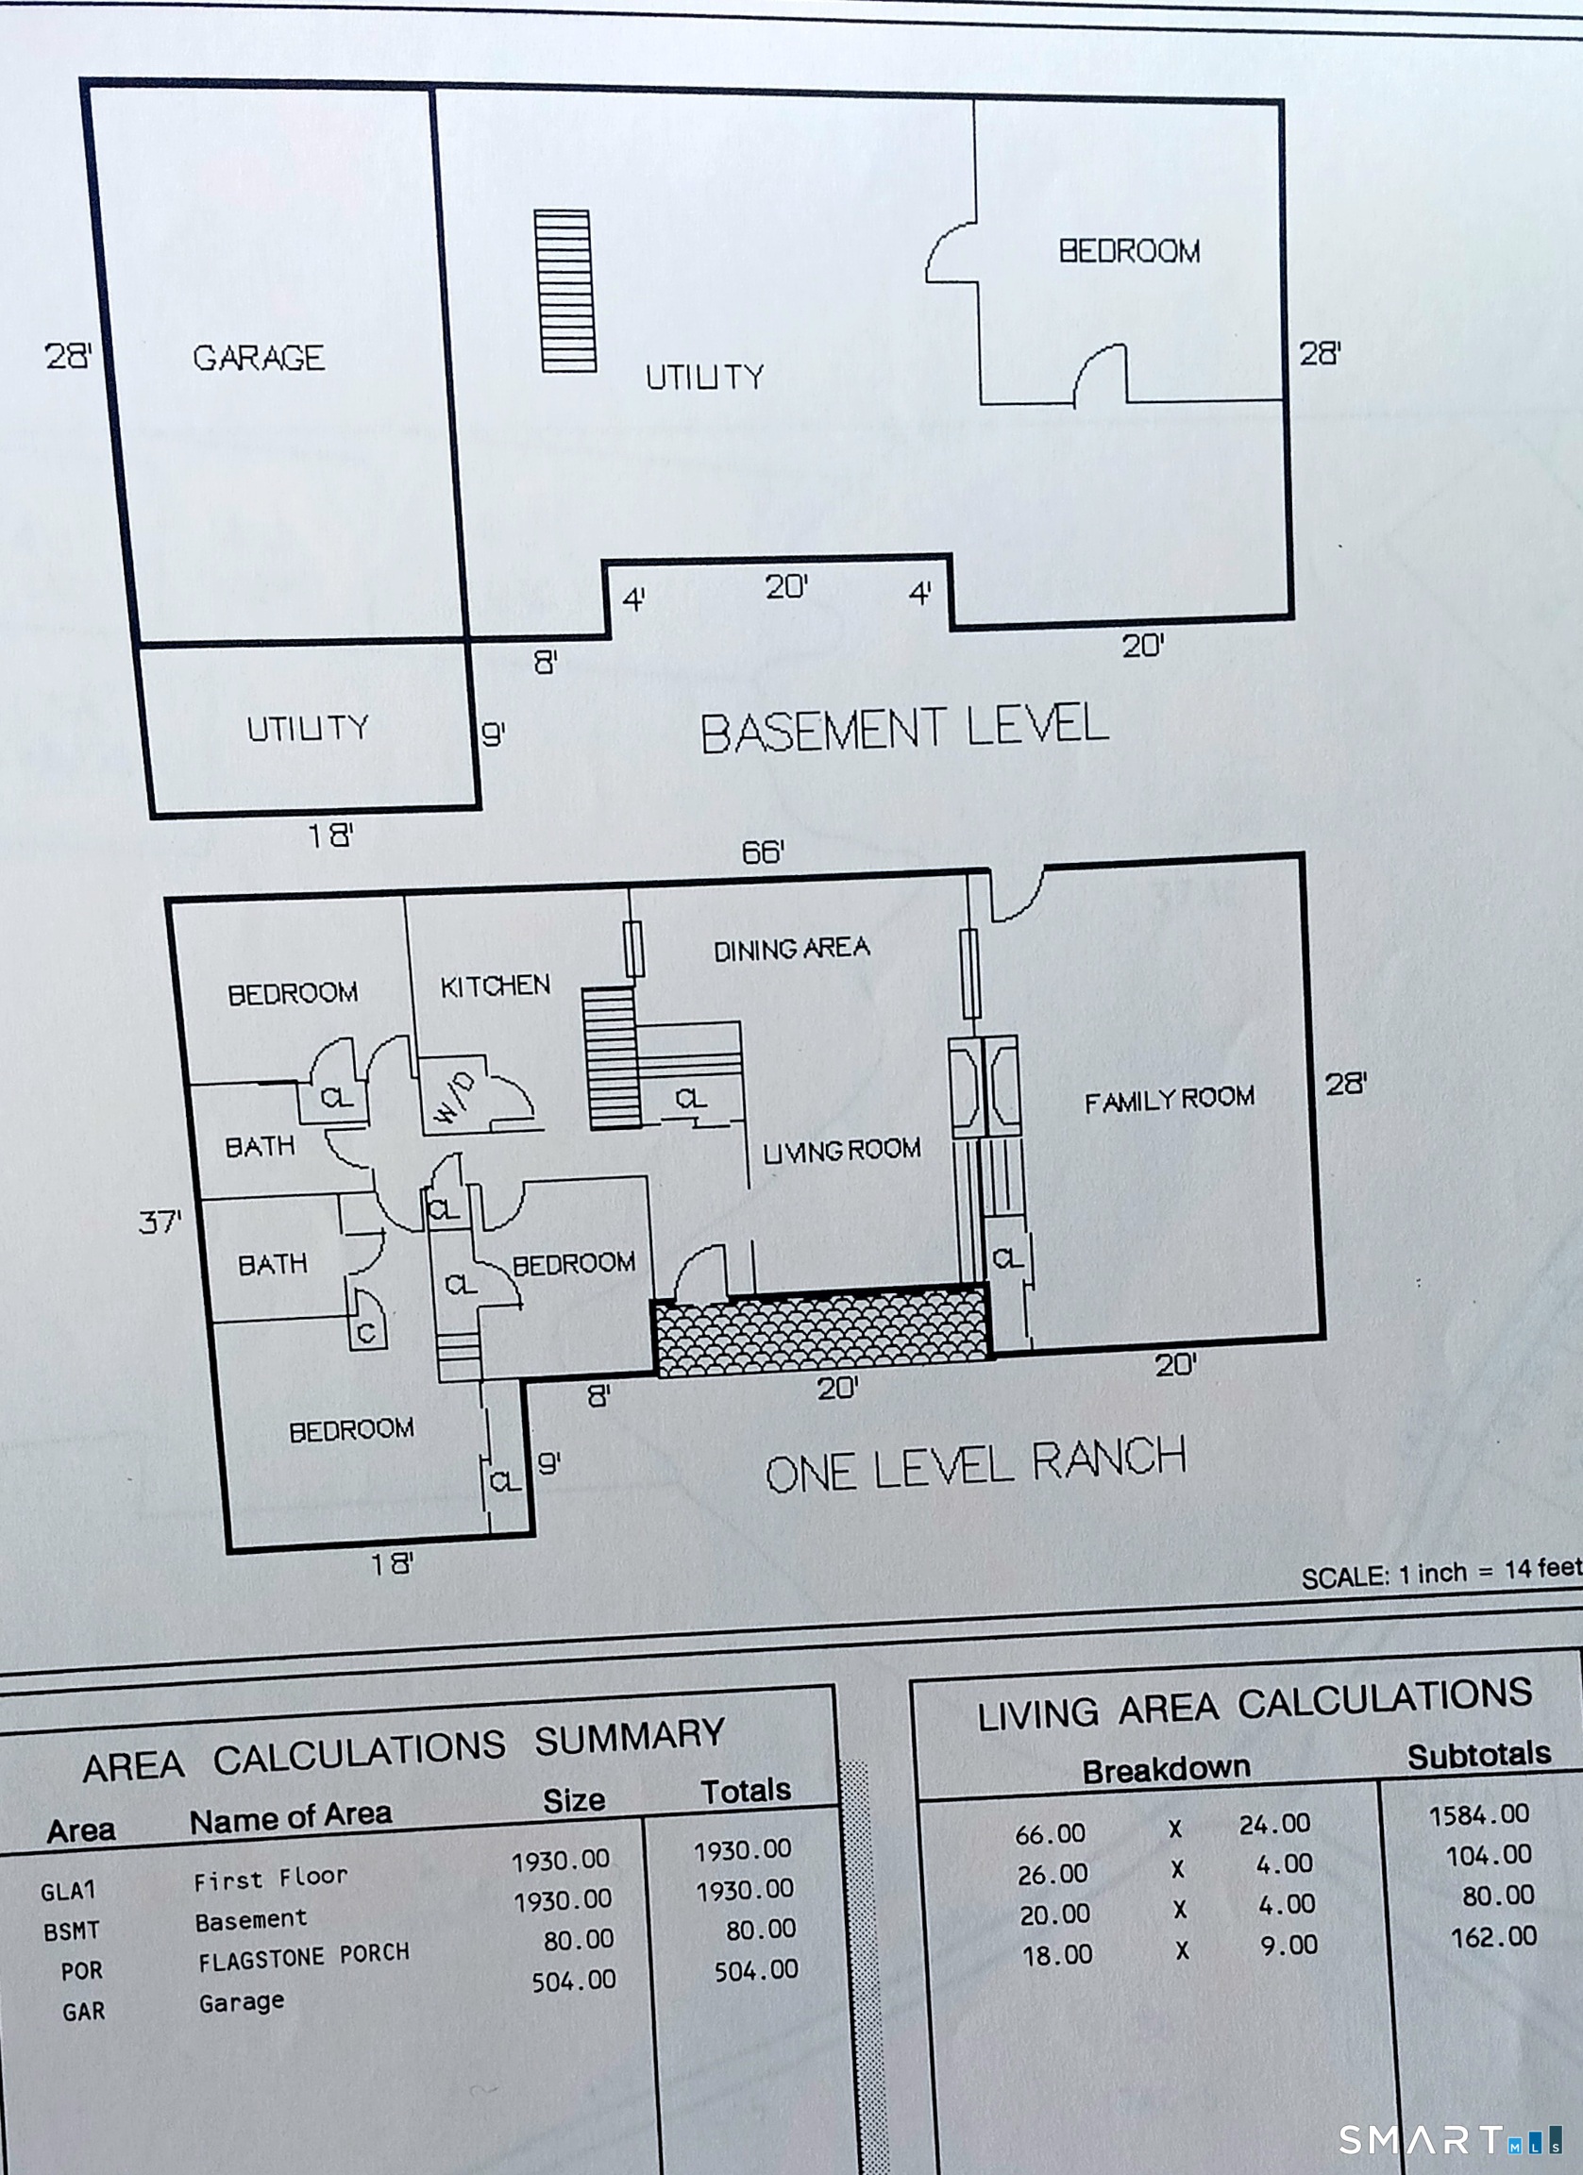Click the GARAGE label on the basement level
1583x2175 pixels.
(x=259, y=358)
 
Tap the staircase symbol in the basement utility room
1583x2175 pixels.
(x=565, y=290)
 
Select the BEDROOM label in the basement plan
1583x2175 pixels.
(x=1130, y=251)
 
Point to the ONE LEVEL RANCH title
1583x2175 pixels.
(x=976, y=1464)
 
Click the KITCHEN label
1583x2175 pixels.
(x=496, y=986)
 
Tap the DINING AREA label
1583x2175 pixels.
(x=792, y=950)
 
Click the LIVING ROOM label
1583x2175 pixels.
(x=842, y=1150)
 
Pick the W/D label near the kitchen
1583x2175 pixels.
(x=454, y=1098)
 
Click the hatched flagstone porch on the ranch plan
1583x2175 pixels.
(x=820, y=1328)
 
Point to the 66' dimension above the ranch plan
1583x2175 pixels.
(x=764, y=851)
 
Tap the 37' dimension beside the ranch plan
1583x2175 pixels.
(x=160, y=1222)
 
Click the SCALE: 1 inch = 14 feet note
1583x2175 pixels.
(x=1441, y=1574)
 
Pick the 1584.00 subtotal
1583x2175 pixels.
(x=1479, y=1815)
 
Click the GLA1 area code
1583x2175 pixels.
(x=68, y=1891)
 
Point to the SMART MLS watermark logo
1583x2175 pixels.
(x=1450, y=2139)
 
